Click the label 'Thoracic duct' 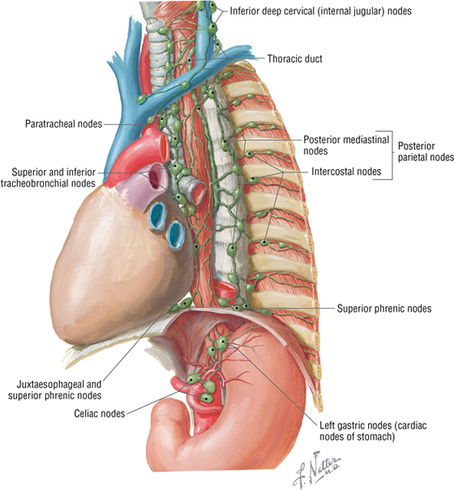tap(294, 59)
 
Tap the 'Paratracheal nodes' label tap(63, 124)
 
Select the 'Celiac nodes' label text tap(100, 413)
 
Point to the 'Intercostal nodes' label tap(346, 171)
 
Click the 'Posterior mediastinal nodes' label tap(346, 145)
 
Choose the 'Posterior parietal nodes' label tap(426, 151)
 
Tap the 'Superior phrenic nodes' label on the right tap(384, 309)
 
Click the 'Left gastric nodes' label tap(373, 431)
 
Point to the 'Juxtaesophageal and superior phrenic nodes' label tap(55, 390)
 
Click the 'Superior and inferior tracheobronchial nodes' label tap(48, 177)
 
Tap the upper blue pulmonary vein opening tap(157, 215)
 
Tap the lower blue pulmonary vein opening tap(175, 234)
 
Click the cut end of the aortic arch tap(164, 143)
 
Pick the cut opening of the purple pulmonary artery tap(156, 177)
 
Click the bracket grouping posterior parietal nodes tap(390, 156)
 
